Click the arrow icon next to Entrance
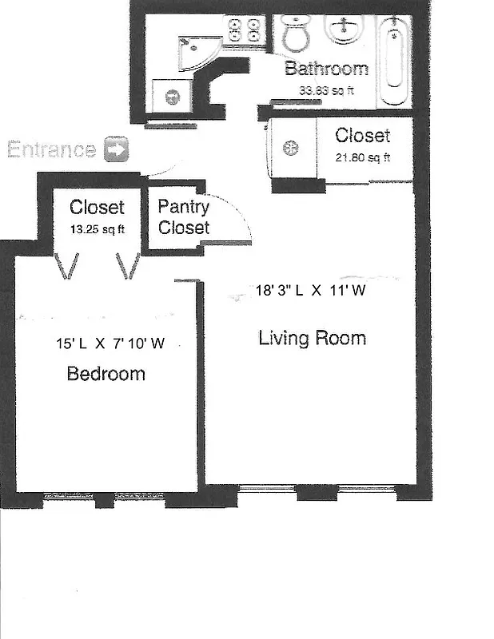click(x=117, y=149)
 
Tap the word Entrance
click(x=52, y=149)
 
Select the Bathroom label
click(x=326, y=69)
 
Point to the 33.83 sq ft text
click(x=326, y=90)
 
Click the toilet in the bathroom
click(x=297, y=34)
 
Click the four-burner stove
click(x=245, y=31)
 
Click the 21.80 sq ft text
click(x=363, y=157)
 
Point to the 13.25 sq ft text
click(x=97, y=227)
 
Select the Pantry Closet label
click(x=184, y=217)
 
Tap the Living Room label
click(x=312, y=338)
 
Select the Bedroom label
click(x=106, y=373)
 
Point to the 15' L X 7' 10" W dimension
click(x=110, y=344)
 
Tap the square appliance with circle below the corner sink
click(x=172, y=98)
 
